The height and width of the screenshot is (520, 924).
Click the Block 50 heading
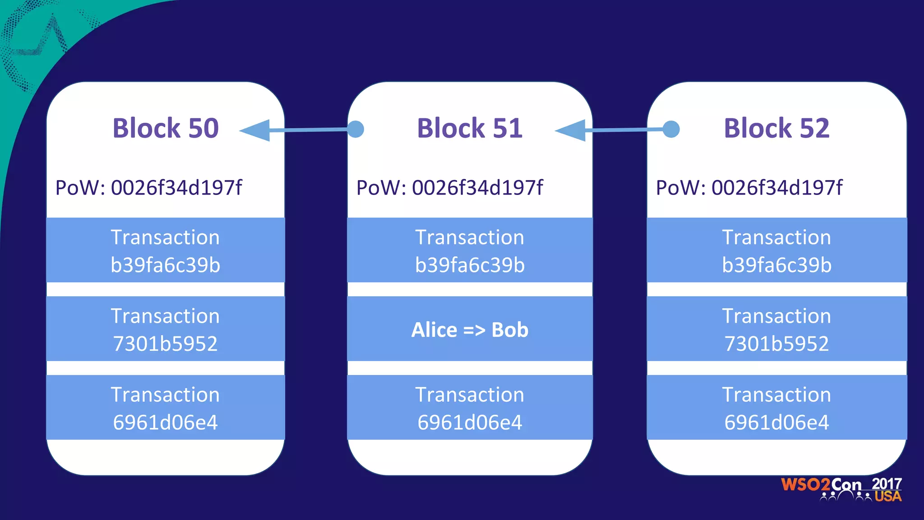166,128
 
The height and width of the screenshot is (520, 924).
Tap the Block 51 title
470,128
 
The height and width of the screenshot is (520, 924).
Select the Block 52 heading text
776,128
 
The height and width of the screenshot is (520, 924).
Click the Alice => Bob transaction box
470,329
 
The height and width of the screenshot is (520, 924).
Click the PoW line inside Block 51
450,188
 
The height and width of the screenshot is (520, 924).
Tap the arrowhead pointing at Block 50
256,130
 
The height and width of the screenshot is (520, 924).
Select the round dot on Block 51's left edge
356,129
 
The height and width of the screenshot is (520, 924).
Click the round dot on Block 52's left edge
671,129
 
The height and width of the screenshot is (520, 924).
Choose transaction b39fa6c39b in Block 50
166,251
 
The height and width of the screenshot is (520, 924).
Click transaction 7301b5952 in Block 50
166,329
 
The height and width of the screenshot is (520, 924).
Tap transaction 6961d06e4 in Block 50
166,408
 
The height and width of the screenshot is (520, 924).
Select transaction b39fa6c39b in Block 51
470,251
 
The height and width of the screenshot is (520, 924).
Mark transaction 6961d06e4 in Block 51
470,408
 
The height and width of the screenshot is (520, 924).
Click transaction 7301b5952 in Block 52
776,329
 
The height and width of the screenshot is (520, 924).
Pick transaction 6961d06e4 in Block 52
776,408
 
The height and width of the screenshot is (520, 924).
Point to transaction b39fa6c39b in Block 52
776,251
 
